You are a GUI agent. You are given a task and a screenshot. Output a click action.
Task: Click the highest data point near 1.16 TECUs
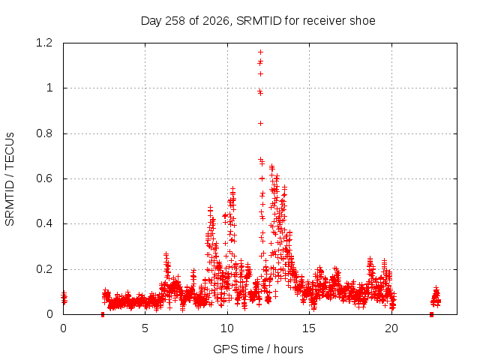point(260,52)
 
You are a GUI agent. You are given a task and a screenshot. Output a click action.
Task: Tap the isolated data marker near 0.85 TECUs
point(260,123)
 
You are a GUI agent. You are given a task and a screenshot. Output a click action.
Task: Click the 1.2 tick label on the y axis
point(44,43)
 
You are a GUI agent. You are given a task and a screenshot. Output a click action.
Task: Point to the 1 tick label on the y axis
point(49,88)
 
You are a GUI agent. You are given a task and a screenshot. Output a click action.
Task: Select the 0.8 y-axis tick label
point(44,133)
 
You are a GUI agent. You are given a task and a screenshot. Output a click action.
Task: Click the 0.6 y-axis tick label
point(44,178)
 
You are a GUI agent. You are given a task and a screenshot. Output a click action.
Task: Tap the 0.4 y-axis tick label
point(44,223)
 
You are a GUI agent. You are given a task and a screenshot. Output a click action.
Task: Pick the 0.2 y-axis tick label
point(44,269)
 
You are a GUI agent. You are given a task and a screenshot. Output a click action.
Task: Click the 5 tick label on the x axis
point(145,328)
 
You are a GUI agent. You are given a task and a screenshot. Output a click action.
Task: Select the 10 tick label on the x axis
point(227,328)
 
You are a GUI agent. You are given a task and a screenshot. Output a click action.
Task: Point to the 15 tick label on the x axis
point(309,328)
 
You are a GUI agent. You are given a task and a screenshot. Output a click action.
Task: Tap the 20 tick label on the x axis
point(391,328)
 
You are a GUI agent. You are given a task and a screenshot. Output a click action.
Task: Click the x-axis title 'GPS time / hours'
point(258,349)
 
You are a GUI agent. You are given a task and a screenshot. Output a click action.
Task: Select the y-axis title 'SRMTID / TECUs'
point(10,179)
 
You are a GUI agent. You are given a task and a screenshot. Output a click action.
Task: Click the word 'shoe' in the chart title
point(363,21)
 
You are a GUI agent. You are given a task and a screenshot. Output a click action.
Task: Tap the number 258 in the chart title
point(175,21)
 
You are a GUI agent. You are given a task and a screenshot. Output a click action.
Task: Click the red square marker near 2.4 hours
point(103,314)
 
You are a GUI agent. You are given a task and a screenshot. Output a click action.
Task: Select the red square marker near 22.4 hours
point(432,314)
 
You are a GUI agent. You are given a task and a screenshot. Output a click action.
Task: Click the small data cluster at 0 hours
point(64,298)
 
